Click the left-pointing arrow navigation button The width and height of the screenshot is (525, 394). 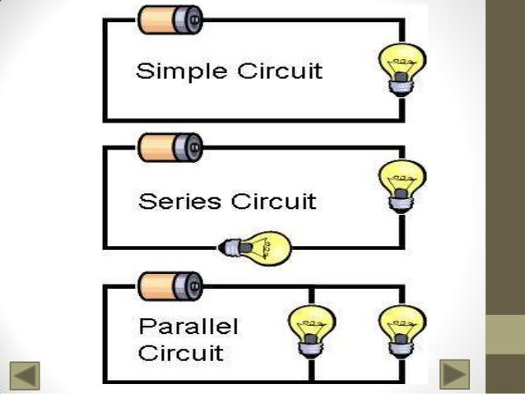click(x=24, y=373)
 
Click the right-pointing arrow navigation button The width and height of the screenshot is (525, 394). click(x=453, y=373)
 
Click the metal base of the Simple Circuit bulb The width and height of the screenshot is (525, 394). click(x=402, y=85)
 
